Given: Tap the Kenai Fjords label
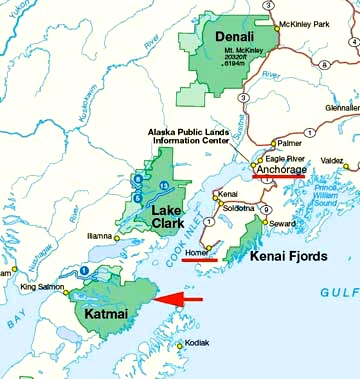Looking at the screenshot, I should pyautogui.click(x=297, y=259).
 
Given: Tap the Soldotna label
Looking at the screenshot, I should pyautogui.click(x=236, y=207).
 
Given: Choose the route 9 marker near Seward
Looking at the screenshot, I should pyautogui.click(x=264, y=208).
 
